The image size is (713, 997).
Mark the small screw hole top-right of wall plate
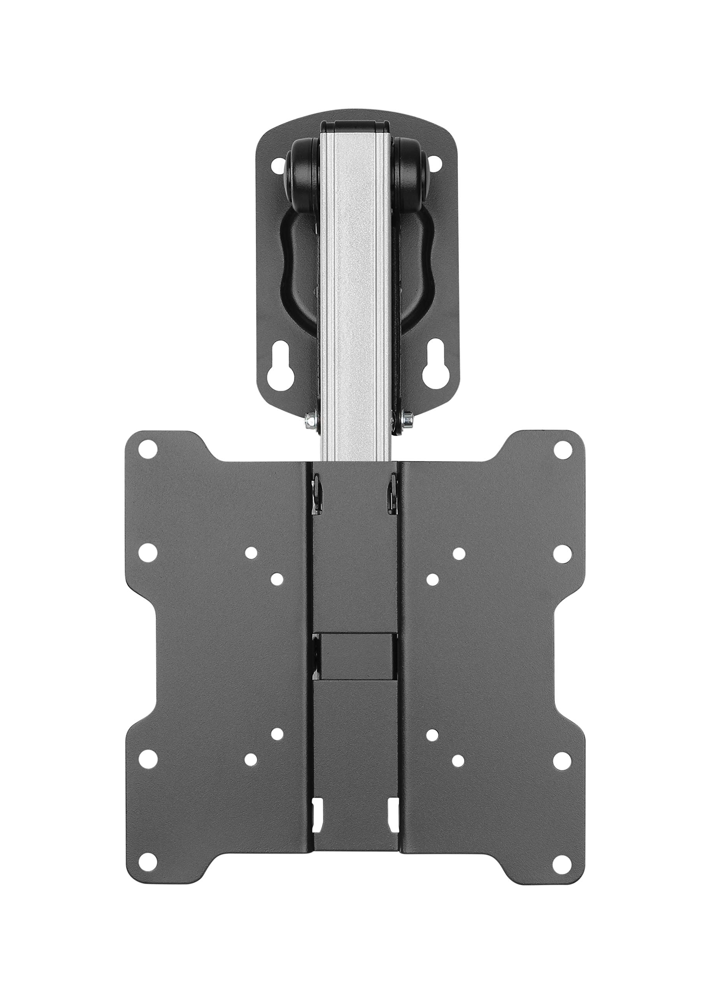point(435,166)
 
